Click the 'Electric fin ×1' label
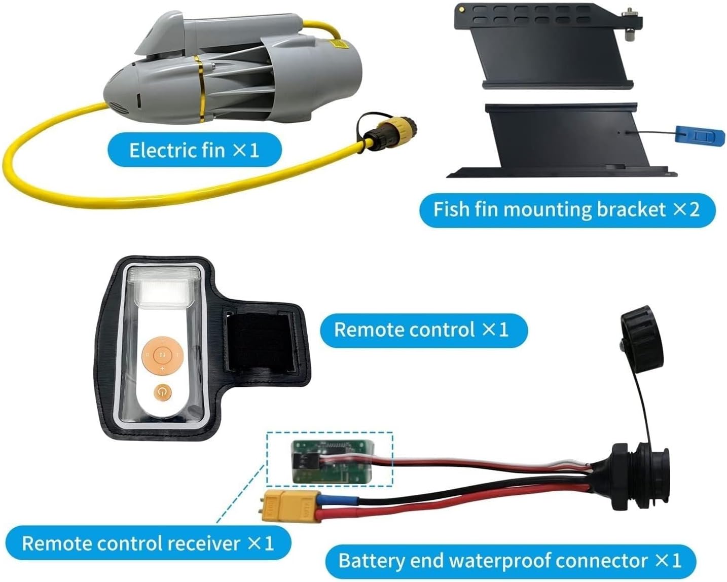point(194,150)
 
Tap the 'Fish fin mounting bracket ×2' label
point(566,209)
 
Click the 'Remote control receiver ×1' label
point(148,543)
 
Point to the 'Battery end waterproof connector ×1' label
point(510,561)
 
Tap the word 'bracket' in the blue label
point(631,209)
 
